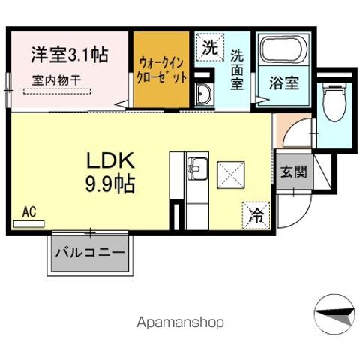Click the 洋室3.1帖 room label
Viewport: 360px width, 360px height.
pyautogui.click(x=69, y=54)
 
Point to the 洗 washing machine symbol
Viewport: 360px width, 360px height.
pyautogui.click(x=211, y=49)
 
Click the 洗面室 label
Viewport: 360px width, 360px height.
pyautogui.click(x=237, y=69)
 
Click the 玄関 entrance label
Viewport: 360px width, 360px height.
pyautogui.click(x=292, y=171)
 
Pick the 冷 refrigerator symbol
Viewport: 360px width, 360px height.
pyautogui.click(x=255, y=215)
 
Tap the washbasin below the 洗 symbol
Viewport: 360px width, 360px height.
pyautogui.click(x=203, y=94)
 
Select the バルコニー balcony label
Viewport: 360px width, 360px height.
pyautogui.click(x=89, y=253)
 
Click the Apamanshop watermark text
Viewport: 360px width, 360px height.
pyautogui.click(x=179, y=322)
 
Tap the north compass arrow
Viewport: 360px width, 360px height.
pyautogui.click(x=333, y=310)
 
